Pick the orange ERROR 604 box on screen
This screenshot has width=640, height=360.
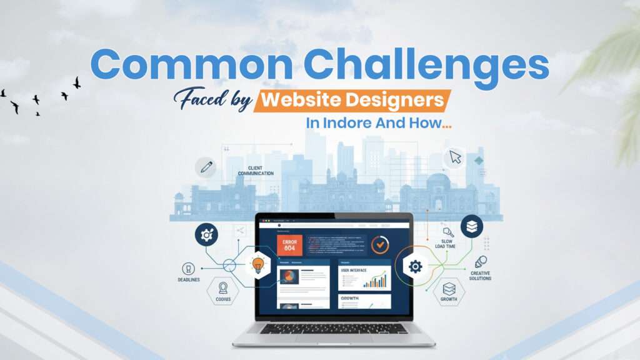coord(289,244)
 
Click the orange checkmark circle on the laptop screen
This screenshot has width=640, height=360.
coord(379,244)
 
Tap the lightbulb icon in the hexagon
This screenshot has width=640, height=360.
coord(257,266)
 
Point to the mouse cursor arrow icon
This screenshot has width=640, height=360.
coord(455,157)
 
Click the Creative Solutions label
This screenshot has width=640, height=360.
coord(480,276)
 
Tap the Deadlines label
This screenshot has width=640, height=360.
coord(189,279)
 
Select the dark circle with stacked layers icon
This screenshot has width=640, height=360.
coord(472,226)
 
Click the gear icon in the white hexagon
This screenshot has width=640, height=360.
coord(415,267)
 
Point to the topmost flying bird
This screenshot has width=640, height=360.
coord(77,82)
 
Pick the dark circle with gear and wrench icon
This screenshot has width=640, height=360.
coord(206,234)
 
